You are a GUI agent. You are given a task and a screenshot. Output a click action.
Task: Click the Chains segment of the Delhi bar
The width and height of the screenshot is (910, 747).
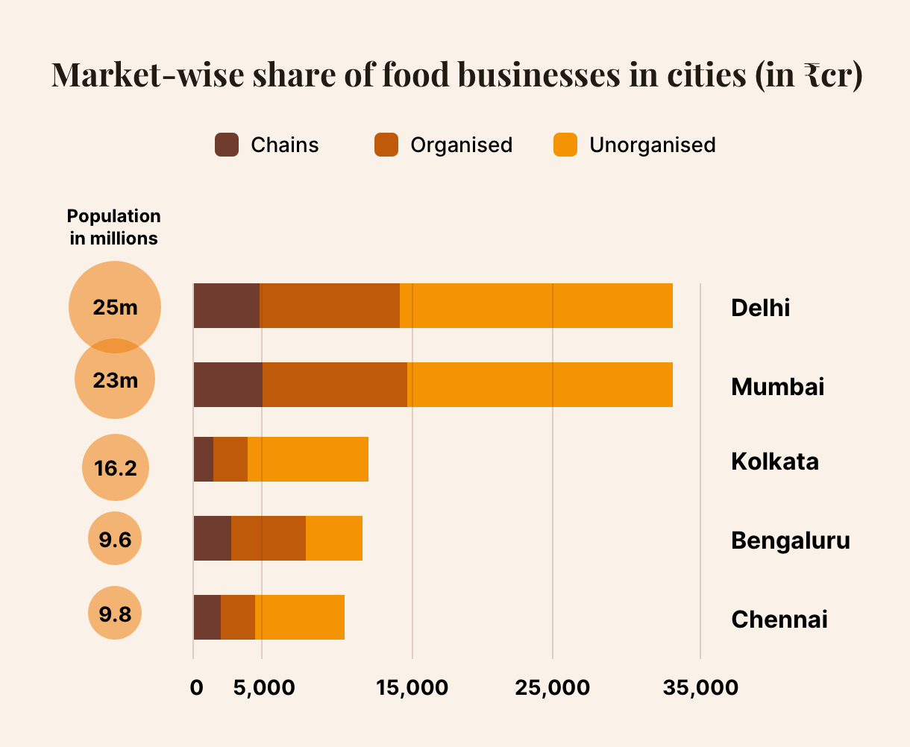[226, 306]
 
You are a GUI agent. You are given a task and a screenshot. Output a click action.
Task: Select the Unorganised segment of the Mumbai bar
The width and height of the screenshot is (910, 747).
[539, 385]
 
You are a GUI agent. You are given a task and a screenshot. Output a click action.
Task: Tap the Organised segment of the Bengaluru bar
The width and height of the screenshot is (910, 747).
[269, 538]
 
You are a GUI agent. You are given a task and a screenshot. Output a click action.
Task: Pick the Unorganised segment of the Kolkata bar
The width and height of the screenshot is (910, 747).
[307, 459]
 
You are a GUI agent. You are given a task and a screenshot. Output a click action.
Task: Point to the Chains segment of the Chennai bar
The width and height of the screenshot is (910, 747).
[207, 617]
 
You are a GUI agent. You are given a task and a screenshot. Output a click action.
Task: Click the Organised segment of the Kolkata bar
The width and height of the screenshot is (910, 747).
[230, 459]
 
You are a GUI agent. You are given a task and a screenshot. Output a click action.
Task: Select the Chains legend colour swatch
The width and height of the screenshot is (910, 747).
[227, 145]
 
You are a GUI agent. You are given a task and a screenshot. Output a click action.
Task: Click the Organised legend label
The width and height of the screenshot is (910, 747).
[461, 145]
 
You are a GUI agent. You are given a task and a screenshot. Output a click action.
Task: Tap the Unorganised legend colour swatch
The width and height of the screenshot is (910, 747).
[565, 145]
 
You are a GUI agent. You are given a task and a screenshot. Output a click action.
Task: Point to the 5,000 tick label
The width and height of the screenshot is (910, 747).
[263, 687]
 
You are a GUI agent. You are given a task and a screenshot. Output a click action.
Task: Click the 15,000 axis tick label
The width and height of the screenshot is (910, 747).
[412, 687]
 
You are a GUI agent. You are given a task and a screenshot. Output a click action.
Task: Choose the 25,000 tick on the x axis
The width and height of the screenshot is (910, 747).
[552, 687]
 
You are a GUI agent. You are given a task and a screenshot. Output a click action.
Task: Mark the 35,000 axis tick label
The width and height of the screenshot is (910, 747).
[700, 687]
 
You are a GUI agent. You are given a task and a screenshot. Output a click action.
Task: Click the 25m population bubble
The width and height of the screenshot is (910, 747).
[115, 306]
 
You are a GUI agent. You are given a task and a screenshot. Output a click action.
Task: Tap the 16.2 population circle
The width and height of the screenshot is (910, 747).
[116, 467]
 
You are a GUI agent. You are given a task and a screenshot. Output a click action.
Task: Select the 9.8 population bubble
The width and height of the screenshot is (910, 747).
[115, 614]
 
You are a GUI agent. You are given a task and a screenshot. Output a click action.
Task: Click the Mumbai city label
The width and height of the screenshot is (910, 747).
[777, 387]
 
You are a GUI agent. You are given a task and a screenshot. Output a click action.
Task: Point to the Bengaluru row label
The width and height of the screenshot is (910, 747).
[790, 540]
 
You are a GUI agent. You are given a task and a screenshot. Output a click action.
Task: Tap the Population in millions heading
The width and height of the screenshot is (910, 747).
[113, 227]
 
